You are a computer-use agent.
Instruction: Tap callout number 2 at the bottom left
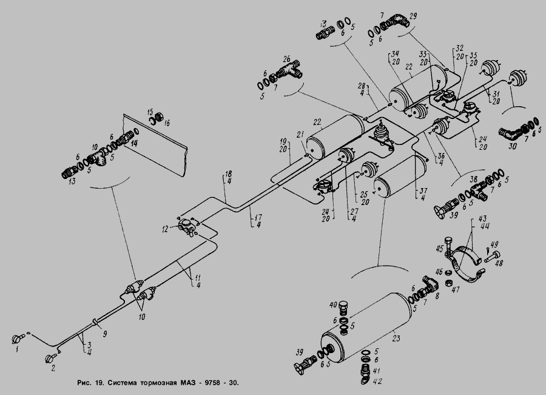pyautogui.click(x=52, y=367)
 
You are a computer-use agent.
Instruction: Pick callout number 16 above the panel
pyautogui.click(x=167, y=123)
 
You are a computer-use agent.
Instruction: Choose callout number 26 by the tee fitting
pyautogui.click(x=286, y=59)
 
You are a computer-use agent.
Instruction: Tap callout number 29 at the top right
pyautogui.click(x=413, y=15)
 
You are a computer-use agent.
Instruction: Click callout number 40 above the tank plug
pyautogui.click(x=333, y=304)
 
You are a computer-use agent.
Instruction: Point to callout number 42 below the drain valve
pyautogui.click(x=378, y=382)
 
